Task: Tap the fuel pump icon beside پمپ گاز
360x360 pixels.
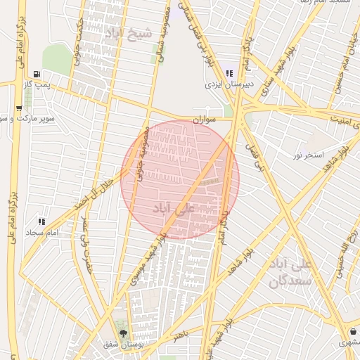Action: click(x=36, y=73)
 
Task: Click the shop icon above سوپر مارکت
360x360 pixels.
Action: click(x=18, y=108)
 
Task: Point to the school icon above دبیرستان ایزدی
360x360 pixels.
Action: click(x=229, y=73)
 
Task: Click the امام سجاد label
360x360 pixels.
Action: click(x=41, y=232)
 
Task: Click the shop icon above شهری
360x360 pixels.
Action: click(x=352, y=332)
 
